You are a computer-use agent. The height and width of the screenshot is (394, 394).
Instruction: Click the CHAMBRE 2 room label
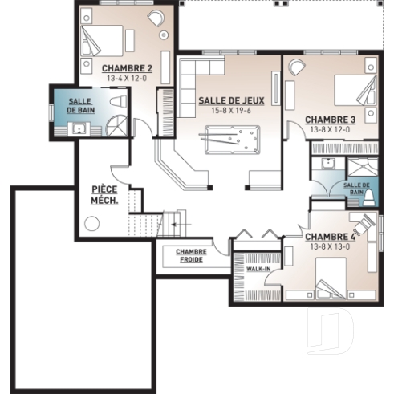click(127, 68)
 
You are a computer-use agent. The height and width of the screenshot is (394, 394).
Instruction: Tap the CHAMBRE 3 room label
click(330, 120)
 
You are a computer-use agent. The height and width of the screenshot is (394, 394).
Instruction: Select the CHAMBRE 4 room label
click(331, 237)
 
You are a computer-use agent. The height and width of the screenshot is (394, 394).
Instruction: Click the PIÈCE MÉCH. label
click(105, 195)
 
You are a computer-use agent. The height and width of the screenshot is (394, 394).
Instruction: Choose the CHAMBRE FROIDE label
click(191, 255)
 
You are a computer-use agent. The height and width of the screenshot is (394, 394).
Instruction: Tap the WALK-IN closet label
click(258, 270)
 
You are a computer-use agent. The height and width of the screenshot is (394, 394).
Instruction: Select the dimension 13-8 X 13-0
click(331, 246)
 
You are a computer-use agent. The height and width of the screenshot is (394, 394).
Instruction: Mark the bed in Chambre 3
click(353, 91)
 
